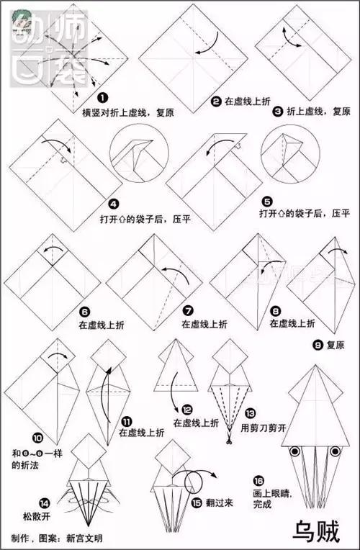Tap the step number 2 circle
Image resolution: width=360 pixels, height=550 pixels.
pyautogui.click(x=215, y=102)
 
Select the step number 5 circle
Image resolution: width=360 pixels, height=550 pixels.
pyautogui.click(x=267, y=201)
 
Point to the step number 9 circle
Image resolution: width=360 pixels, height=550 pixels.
pyautogui.click(x=318, y=345)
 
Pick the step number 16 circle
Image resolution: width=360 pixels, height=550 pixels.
pyautogui.click(x=258, y=480)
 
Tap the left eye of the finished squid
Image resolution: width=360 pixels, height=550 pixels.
pyautogui.click(x=294, y=451)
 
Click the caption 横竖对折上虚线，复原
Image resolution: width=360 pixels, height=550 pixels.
pyautogui.click(x=127, y=112)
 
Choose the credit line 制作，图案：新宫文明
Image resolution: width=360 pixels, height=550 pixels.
pyautogui.click(x=56, y=538)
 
